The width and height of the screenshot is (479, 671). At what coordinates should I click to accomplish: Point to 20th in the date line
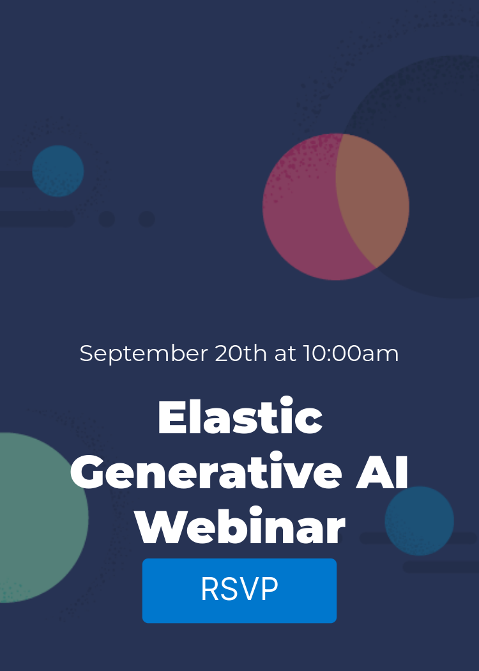click(241, 353)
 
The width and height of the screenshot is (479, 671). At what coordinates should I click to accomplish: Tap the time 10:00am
click(351, 353)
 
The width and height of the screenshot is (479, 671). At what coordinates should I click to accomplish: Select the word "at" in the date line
click(285, 353)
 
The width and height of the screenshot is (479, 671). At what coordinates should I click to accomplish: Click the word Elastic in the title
click(240, 418)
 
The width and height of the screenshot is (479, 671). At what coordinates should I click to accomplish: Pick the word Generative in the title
click(206, 473)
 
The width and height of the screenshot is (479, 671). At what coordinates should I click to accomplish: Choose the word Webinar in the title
click(240, 528)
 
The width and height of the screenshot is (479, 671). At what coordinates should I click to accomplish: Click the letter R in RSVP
click(210, 590)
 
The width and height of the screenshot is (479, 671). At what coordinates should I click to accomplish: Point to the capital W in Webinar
click(158, 528)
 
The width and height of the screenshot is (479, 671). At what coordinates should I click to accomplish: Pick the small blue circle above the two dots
click(58, 171)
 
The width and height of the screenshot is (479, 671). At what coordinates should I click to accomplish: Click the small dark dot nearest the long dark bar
click(107, 219)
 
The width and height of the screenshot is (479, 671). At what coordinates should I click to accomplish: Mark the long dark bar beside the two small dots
click(35, 219)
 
